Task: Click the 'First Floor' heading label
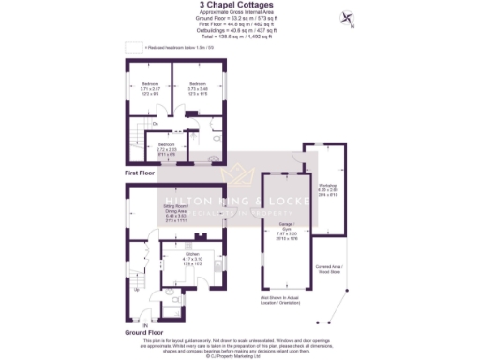[x=140, y=173]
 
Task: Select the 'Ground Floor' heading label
[x=143, y=331]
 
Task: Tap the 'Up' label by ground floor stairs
[x=138, y=289]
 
